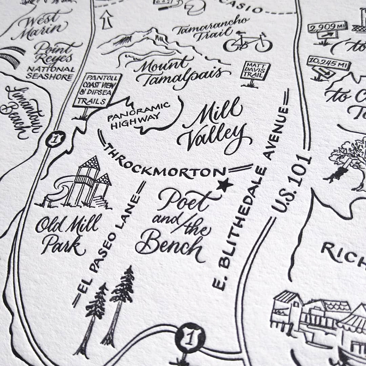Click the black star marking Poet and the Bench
(225, 185)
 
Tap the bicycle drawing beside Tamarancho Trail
(248, 43)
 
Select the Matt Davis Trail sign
(255, 71)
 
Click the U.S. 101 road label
(291, 185)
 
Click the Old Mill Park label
(67, 234)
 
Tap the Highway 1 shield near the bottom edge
(190, 337)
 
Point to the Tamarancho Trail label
(210, 28)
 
